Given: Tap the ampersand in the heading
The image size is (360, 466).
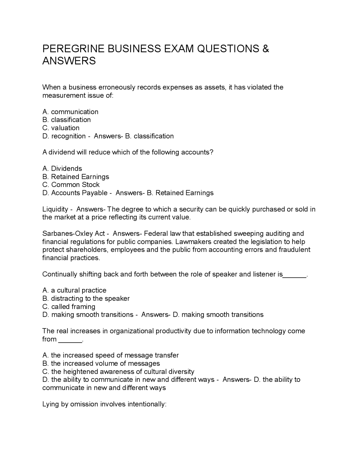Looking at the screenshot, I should (x=266, y=49).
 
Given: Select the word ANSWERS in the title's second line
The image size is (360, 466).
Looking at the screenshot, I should (x=69, y=61).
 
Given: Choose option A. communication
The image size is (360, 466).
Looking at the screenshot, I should (x=70, y=112).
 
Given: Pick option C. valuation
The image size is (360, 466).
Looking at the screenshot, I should (x=61, y=128).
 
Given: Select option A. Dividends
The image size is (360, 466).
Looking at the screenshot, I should (x=62, y=169).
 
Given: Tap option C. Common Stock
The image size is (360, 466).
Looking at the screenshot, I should (x=71, y=185).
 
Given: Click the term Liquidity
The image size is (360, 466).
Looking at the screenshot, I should (x=55, y=209).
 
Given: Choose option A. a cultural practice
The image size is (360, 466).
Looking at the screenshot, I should (x=74, y=290).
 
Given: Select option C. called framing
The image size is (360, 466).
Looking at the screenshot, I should (x=69, y=306).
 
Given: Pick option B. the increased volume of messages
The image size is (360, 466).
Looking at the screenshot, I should (x=101, y=363).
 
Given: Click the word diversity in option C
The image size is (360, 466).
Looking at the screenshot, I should (x=181, y=371).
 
